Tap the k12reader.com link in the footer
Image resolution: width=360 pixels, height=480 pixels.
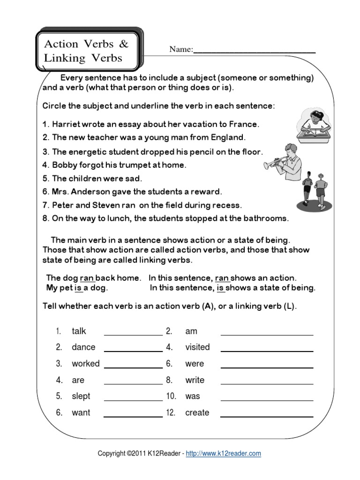[x=224, y=453]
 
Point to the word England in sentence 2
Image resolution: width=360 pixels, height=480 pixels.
[x=228, y=138]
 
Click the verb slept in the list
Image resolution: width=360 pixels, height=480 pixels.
[x=81, y=396]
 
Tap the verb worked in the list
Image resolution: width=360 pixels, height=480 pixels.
[x=85, y=364]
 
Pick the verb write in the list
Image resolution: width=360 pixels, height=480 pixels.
[x=195, y=380]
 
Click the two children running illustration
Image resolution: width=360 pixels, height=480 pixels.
[x=315, y=190]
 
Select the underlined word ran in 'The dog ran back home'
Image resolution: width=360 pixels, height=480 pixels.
[x=87, y=277]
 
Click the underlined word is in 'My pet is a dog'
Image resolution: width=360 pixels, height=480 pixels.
[x=78, y=288]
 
